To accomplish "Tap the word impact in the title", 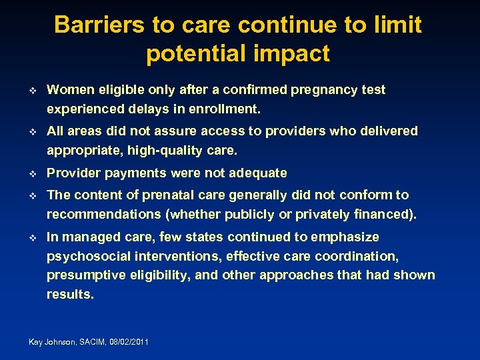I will click(293, 54).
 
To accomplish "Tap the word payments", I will click(135, 173).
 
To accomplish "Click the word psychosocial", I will click(89, 256).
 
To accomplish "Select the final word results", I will click(70, 294).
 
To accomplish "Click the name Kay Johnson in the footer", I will click(53, 342).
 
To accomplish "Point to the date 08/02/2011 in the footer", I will click(127, 342).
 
